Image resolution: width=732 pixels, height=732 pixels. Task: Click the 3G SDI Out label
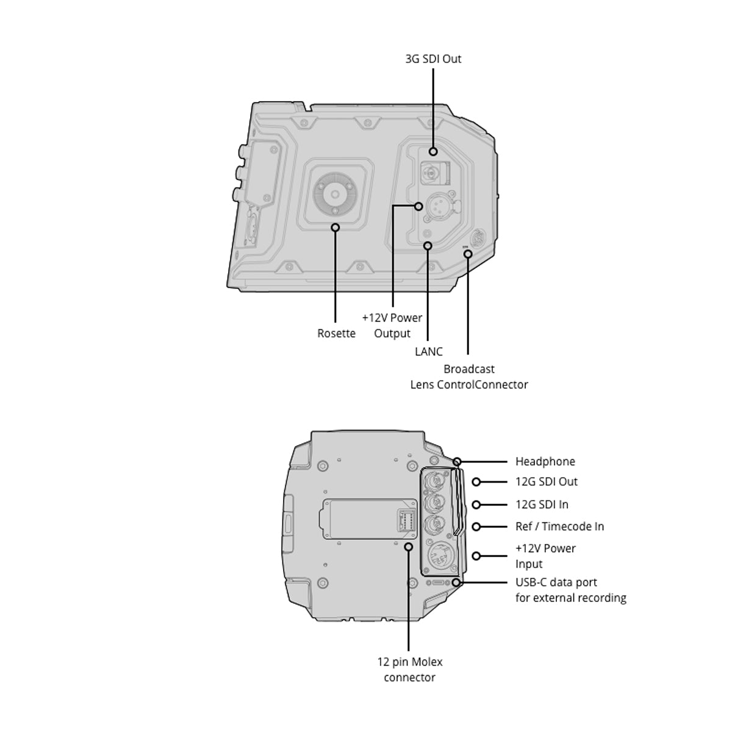click(x=433, y=59)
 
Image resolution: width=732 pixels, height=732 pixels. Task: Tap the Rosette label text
click(x=336, y=333)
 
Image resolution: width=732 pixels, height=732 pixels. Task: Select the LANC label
click(x=428, y=351)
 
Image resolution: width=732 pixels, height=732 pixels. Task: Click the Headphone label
click(x=545, y=462)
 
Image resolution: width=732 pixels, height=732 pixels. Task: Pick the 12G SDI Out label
click(x=546, y=482)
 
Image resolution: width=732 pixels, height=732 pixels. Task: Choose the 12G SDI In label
click(x=542, y=504)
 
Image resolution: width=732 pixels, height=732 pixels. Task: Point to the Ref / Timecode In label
click(x=559, y=526)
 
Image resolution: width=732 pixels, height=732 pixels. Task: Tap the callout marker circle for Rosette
click(x=335, y=228)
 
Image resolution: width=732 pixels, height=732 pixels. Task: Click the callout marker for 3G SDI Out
click(x=433, y=151)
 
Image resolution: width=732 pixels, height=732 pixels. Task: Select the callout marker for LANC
click(x=428, y=246)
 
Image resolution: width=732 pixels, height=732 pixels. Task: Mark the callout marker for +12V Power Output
click(x=418, y=206)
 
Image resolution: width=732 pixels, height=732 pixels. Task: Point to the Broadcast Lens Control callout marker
click(x=468, y=254)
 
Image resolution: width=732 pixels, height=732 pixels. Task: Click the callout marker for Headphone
click(x=457, y=462)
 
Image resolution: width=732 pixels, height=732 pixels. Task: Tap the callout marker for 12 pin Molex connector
click(x=409, y=547)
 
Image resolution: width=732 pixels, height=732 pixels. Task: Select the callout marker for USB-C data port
click(x=457, y=583)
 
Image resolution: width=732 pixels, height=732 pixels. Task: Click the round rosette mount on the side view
click(x=335, y=194)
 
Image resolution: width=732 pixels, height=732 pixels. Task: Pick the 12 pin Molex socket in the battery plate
click(x=406, y=521)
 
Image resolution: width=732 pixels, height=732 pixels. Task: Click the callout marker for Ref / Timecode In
click(x=476, y=526)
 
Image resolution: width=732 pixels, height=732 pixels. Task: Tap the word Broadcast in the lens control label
click(x=469, y=369)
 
